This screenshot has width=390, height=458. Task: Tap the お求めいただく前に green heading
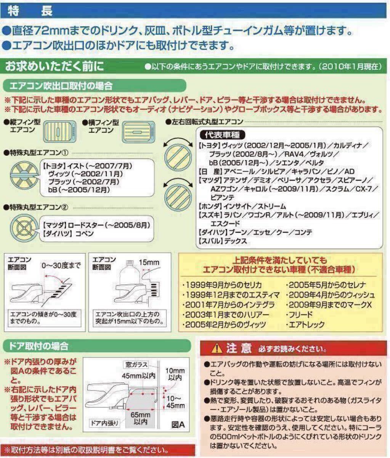coord(54,66)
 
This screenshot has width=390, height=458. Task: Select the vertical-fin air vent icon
coord(58,129)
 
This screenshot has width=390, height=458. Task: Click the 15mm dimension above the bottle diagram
coord(149,263)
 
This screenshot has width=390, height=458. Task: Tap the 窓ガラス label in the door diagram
coord(135,365)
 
